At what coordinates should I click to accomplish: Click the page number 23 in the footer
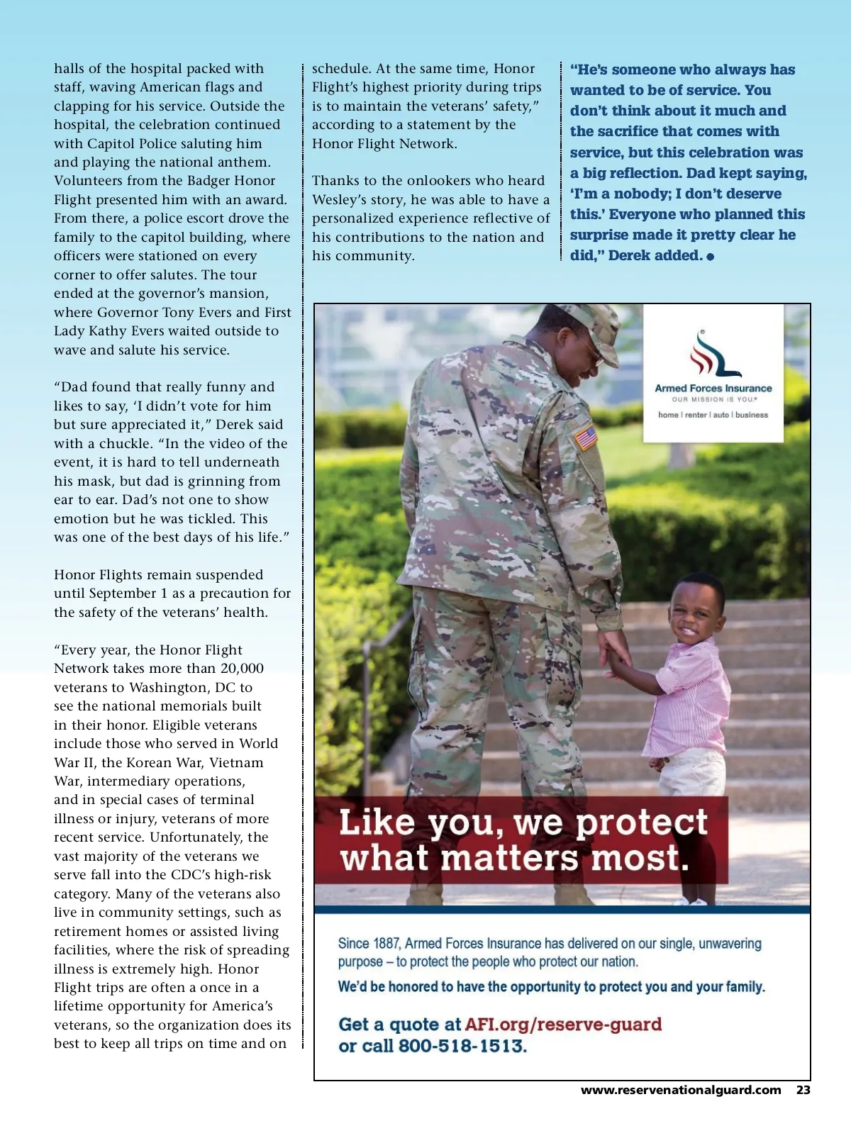click(803, 1090)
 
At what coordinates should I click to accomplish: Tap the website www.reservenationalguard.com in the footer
click(681, 1090)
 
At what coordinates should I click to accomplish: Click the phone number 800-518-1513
click(462, 1046)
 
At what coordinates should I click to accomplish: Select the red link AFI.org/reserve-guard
click(563, 1025)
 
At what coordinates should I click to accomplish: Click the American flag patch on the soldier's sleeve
click(586, 437)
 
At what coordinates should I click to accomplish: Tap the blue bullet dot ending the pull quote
click(711, 256)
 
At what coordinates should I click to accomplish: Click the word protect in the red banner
click(641, 823)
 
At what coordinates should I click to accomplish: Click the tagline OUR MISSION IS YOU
click(713, 399)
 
